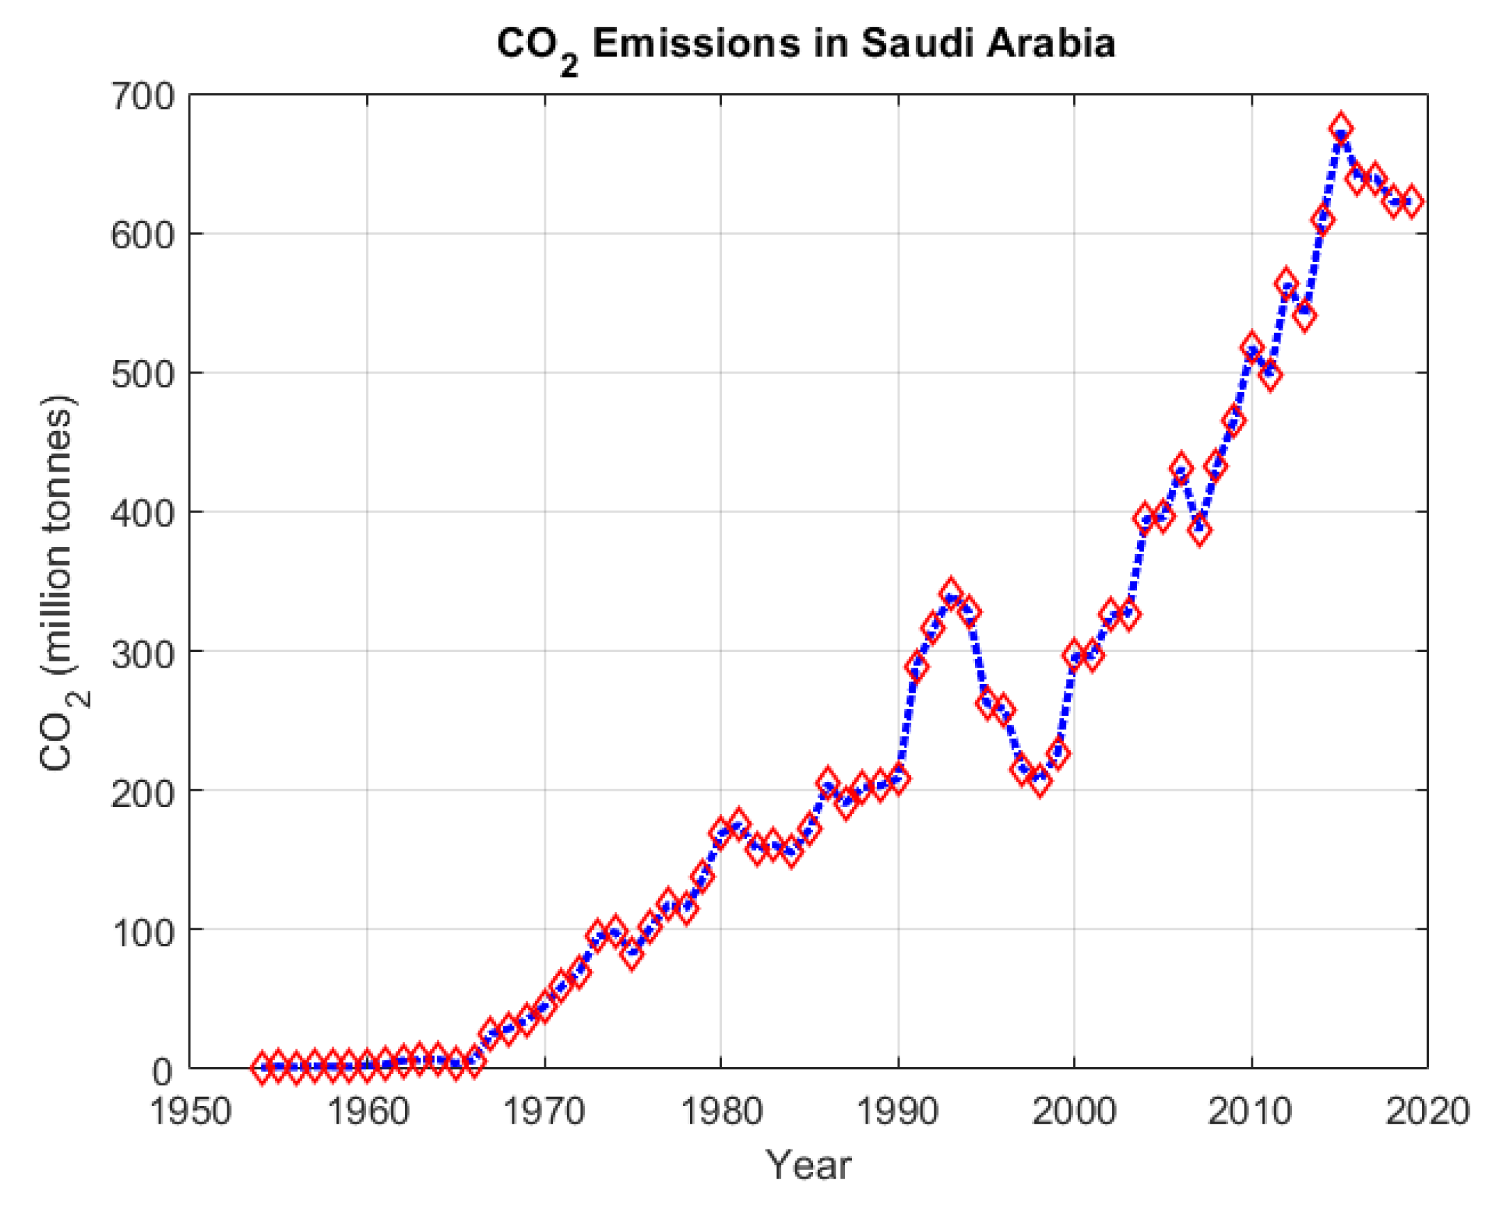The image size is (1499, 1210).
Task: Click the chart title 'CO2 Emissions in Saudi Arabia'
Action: [x=806, y=45]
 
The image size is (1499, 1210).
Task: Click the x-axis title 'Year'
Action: [x=808, y=1164]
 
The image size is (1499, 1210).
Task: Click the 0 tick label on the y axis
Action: [x=161, y=1071]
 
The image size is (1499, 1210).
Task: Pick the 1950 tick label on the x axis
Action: [x=190, y=1111]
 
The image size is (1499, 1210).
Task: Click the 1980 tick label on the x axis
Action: [x=721, y=1111]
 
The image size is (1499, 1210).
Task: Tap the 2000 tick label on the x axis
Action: [x=1074, y=1111]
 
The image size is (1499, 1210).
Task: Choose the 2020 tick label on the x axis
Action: [x=1428, y=1111]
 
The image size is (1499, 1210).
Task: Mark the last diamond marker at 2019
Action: [x=1411, y=202]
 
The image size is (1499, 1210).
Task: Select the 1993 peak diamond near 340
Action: [x=951, y=593]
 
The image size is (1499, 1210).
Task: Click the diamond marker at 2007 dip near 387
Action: [x=1199, y=530]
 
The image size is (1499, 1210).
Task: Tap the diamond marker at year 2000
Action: [x=1074, y=656]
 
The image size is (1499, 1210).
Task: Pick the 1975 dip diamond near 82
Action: [x=632, y=954]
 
